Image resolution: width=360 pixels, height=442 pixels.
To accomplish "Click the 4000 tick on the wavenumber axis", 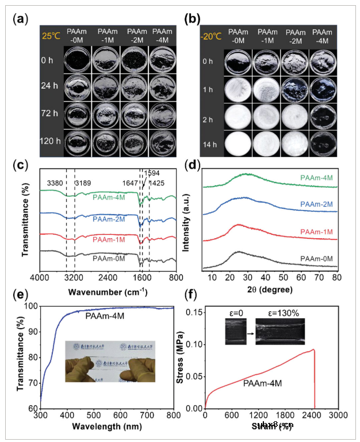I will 39,277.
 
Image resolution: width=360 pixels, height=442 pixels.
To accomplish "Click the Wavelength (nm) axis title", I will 106,426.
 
